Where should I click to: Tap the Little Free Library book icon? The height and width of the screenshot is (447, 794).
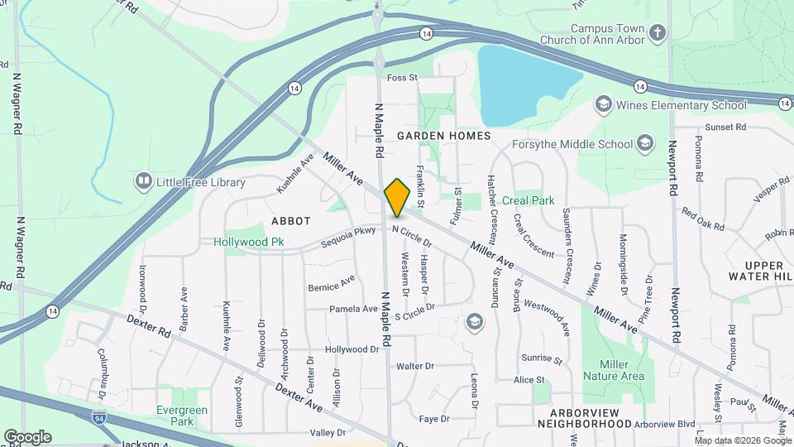point(144,181)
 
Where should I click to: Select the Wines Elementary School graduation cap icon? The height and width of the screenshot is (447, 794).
point(603,105)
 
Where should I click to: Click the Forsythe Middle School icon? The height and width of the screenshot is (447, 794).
point(644,144)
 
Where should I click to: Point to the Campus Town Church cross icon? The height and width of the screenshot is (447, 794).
point(658,33)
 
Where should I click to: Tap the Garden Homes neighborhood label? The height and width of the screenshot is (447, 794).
point(443,135)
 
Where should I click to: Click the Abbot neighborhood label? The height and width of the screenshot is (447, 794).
point(291,221)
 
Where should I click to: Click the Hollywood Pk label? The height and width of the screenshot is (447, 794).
point(249,242)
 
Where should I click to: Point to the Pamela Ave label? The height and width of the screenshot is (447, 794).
point(353,309)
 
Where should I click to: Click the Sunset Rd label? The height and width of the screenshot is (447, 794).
point(725,128)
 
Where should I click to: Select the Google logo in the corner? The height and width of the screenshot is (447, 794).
point(27,436)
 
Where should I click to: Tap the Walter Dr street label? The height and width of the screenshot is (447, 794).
point(415,366)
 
